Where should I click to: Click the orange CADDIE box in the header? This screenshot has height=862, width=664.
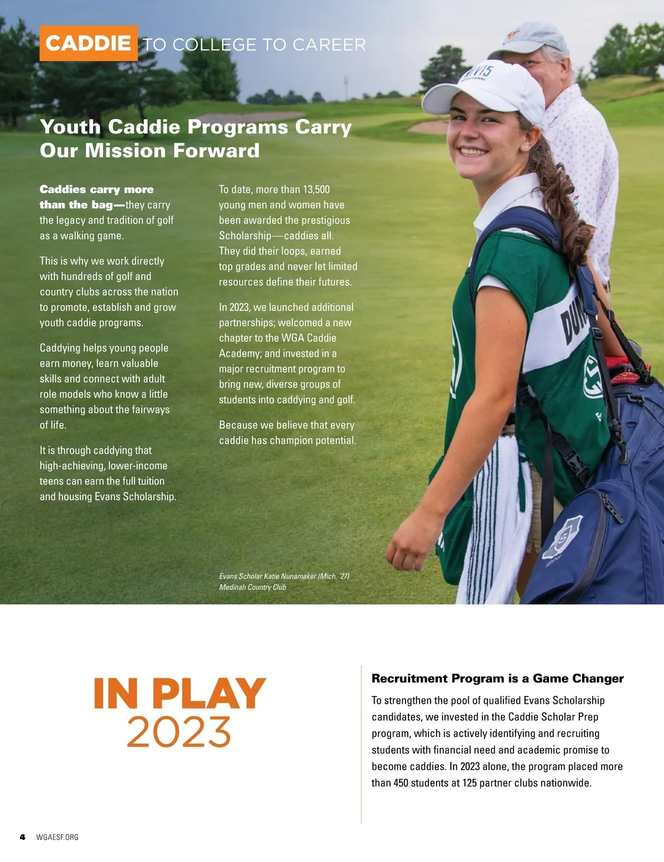(x=89, y=43)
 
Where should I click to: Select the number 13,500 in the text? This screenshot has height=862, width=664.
(x=317, y=189)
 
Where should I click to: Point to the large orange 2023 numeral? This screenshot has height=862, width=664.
(x=179, y=731)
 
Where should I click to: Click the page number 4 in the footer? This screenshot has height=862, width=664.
(x=22, y=837)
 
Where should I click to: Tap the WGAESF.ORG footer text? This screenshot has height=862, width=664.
(x=57, y=837)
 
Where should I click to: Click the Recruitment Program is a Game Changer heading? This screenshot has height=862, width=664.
(x=497, y=678)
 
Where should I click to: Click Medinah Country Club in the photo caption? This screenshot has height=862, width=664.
(x=252, y=587)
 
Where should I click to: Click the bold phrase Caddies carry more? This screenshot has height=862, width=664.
(x=96, y=189)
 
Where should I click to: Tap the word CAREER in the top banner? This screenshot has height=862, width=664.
(x=329, y=44)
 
